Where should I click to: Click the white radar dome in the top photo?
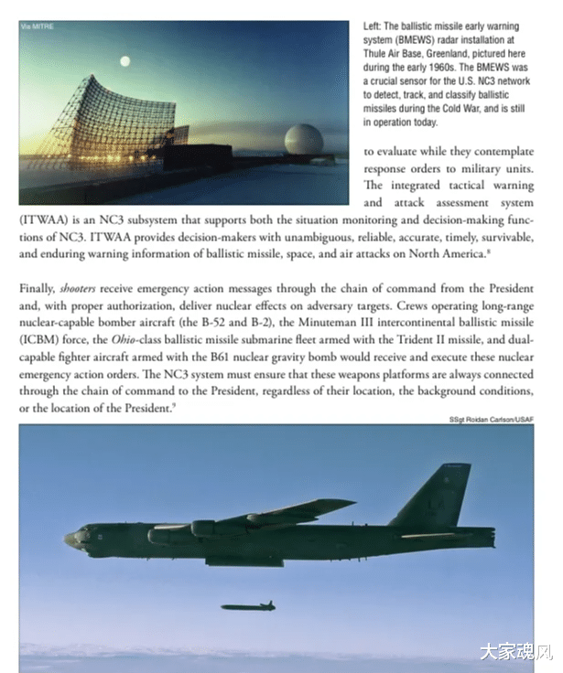pyautogui.click(x=302, y=141)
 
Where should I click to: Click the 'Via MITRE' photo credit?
pyautogui.click(x=37, y=27)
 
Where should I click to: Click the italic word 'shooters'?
pyautogui.click(x=80, y=288)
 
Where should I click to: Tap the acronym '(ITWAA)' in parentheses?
pyautogui.click(x=42, y=219)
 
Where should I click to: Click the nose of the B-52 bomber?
pyautogui.click(x=71, y=540)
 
